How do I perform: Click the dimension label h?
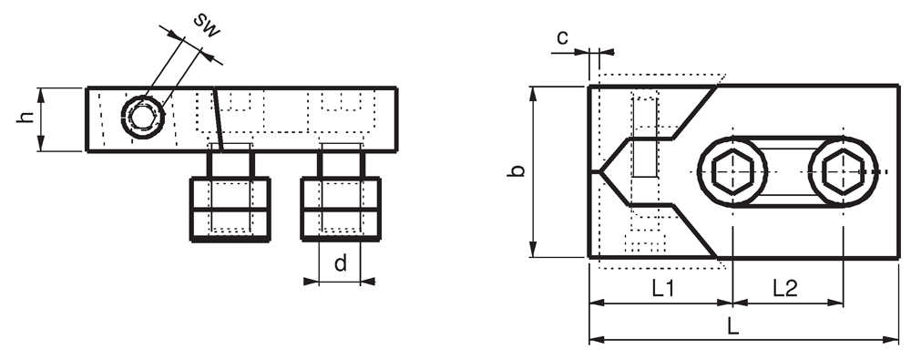pyautogui.click(x=25, y=118)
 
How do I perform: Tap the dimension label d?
pyautogui.click(x=341, y=263)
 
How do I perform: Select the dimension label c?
pyautogui.click(x=562, y=38)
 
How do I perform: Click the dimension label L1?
pyautogui.click(x=662, y=289)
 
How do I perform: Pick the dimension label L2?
pyautogui.click(x=785, y=289)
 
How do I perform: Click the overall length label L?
pyautogui.click(x=733, y=326)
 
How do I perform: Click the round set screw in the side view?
pyautogui.click(x=142, y=117)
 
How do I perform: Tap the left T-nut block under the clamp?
pyautogui.click(x=230, y=209)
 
